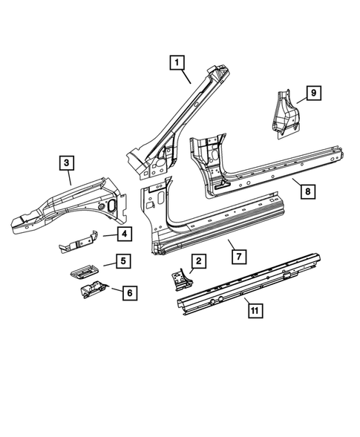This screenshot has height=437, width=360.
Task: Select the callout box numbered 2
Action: [198, 260]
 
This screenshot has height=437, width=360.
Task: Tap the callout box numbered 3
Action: [66, 162]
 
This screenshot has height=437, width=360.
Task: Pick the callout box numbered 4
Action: [124, 235]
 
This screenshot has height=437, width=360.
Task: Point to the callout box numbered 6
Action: [128, 293]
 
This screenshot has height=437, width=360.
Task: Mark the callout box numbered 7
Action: [238, 256]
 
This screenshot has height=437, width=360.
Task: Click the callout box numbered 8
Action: [307, 191]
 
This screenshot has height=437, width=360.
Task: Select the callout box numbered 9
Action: [313, 92]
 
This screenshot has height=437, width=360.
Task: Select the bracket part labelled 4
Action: [79, 242]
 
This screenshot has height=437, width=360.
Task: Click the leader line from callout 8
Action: [295, 183]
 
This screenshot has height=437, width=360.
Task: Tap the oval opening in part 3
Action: [111, 206]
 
